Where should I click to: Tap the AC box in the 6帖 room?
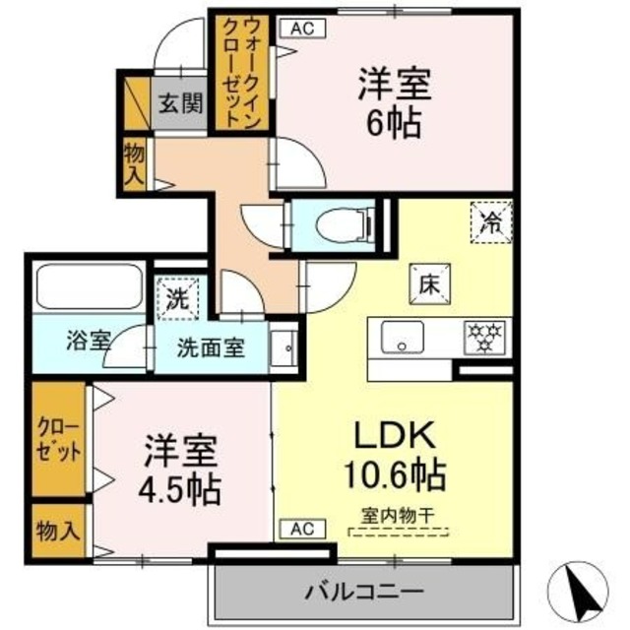click(x=301, y=29)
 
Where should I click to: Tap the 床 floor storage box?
click(x=429, y=284)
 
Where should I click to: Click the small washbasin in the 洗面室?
click(x=284, y=347)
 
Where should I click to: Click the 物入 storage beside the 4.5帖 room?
click(x=58, y=532)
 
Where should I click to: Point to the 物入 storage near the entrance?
click(x=136, y=162)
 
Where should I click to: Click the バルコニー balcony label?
click(x=362, y=593)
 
